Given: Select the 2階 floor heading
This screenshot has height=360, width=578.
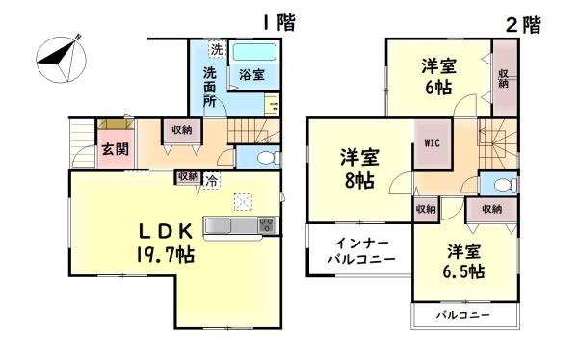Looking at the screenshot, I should [x=523, y=25].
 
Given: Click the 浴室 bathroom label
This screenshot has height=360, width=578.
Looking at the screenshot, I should [x=241, y=73].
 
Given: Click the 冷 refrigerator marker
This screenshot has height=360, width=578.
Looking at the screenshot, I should [x=209, y=178].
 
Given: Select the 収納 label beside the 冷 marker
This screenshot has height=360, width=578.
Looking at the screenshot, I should [x=188, y=177].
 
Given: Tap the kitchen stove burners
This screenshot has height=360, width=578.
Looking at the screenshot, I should [x=266, y=225].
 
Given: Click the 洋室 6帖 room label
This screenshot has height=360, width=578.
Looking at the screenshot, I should [x=438, y=75].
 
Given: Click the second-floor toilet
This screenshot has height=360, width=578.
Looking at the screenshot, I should [x=504, y=186].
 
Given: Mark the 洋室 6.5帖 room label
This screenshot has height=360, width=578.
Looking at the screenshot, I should [x=464, y=261].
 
